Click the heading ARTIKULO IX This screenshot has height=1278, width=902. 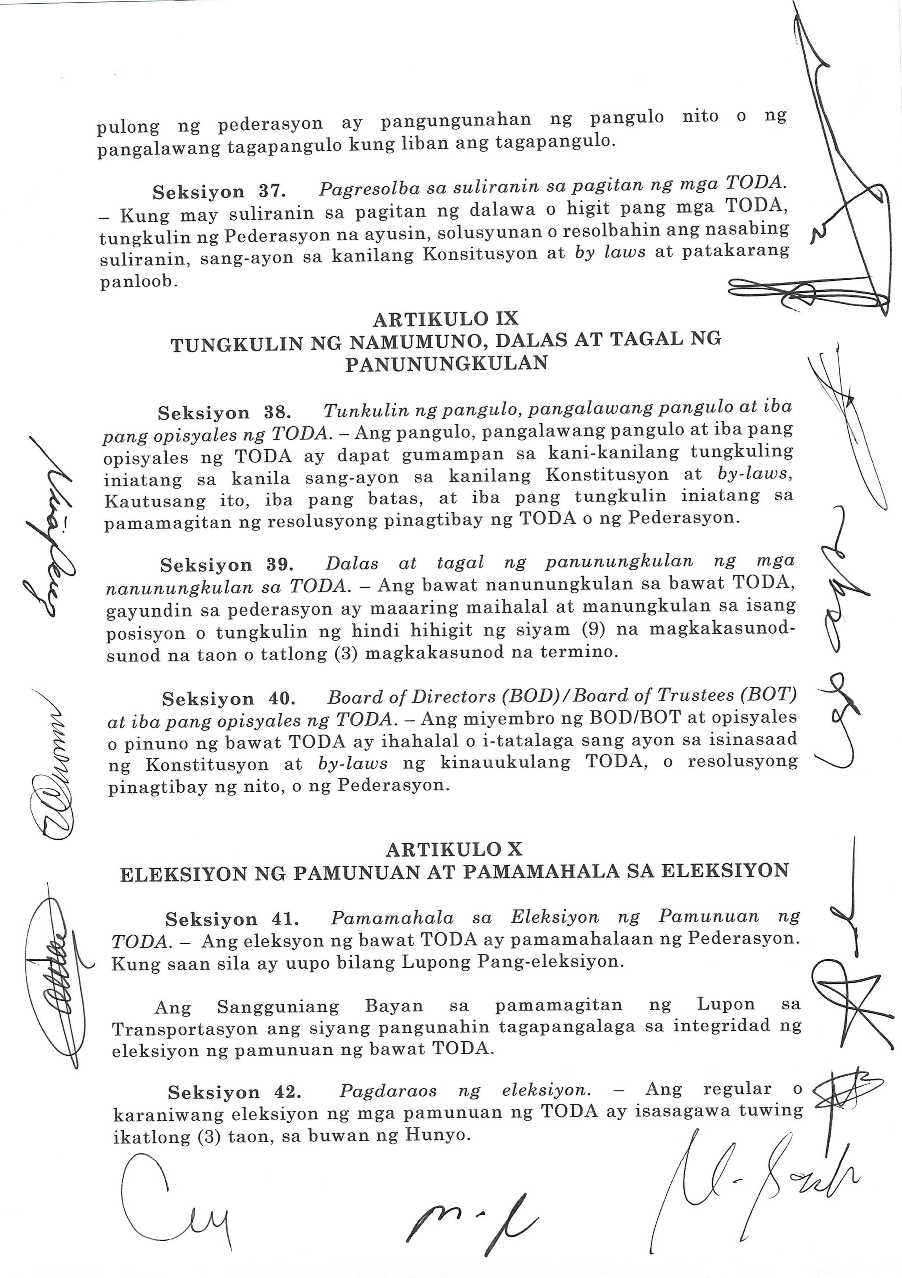(x=445, y=319)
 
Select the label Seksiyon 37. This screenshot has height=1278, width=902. (x=218, y=192)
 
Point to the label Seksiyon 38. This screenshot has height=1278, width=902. (x=224, y=413)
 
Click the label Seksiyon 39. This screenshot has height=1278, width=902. (x=226, y=565)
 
